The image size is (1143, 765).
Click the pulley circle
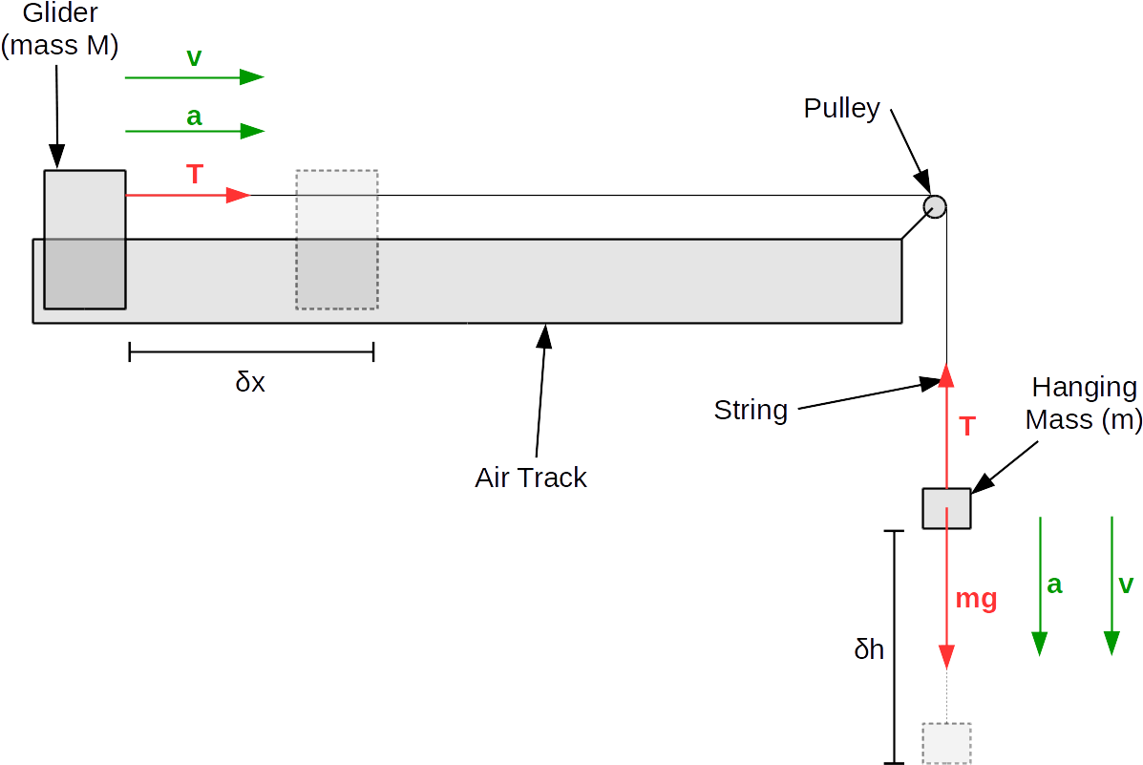click(x=934, y=205)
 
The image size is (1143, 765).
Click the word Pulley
click(x=841, y=108)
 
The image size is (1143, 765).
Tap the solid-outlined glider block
click(x=85, y=239)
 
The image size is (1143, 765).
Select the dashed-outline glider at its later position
click(x=336, y=239)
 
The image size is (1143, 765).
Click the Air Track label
click(x=531, y=478)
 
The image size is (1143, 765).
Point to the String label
click(x=751, y=411)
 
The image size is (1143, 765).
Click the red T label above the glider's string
click(x=195, y=175)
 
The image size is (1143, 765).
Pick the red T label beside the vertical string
click(x=967, y=426)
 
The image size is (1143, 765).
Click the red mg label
click(x=976, y=600)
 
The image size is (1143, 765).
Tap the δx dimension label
click(x=250, y=383)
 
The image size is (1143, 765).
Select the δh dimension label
click(x=869, y=650)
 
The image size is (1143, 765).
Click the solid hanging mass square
click(x=946, y=508)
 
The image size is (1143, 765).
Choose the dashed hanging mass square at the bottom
click(x=946, y=742)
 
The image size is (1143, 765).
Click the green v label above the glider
click(x=194, y=57)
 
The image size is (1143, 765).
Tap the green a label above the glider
click(x=194, y=117)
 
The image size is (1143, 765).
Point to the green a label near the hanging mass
click(x=1054, y=584)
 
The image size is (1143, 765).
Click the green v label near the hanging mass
click(x=1126, y=584)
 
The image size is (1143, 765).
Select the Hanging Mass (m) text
click(x=1083, y=404)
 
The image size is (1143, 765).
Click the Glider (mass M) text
click(x=60, y=29)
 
